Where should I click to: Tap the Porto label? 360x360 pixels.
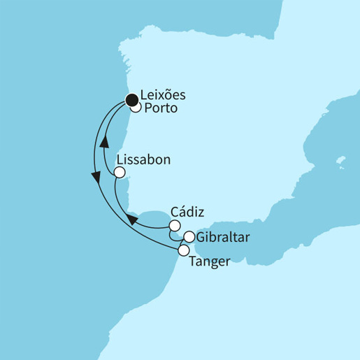pyautogui.click(x=161, y=110)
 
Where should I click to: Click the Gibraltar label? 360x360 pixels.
pyautogui.click(x=222, y=237)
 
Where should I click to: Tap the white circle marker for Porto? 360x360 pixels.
pyautogui.click(x=136, y=108)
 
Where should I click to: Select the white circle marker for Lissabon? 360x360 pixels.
pyautogui.click(x=120, y=172)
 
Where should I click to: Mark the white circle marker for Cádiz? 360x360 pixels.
pyautogui.click(x=174, y=225)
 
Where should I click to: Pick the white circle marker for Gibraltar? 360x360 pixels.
pyautogui.click(x=189, y=237)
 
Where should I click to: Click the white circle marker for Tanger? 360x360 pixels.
pyautogui.click(x=184, y=250)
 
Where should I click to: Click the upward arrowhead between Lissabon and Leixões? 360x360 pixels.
pyautogui.click(x=104, y=141)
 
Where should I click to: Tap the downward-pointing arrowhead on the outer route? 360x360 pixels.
pyautogui.click(x=94, y=178)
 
